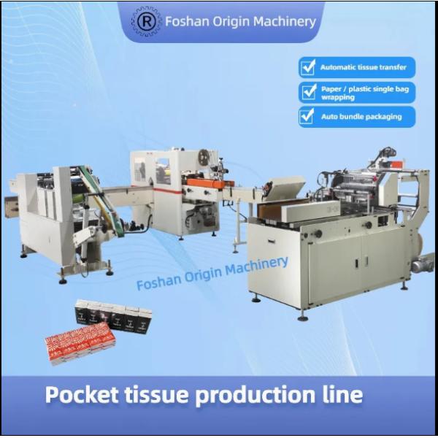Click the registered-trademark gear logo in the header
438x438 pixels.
[x=146, y=21]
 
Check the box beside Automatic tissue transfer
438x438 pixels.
[x=308, y=67]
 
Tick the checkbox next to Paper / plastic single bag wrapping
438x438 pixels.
[x=308, y=92]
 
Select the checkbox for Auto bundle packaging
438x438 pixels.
[x=307, y=117]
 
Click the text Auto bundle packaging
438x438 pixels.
[x=361, y=117]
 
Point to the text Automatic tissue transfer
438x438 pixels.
[x=363, y=67]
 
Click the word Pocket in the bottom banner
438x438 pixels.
[x=82, y=394]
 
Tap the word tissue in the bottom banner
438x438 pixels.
[x=155, y=394]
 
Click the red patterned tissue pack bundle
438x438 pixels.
[x=80, y=343]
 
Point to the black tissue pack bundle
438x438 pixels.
[x=113, y=315]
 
